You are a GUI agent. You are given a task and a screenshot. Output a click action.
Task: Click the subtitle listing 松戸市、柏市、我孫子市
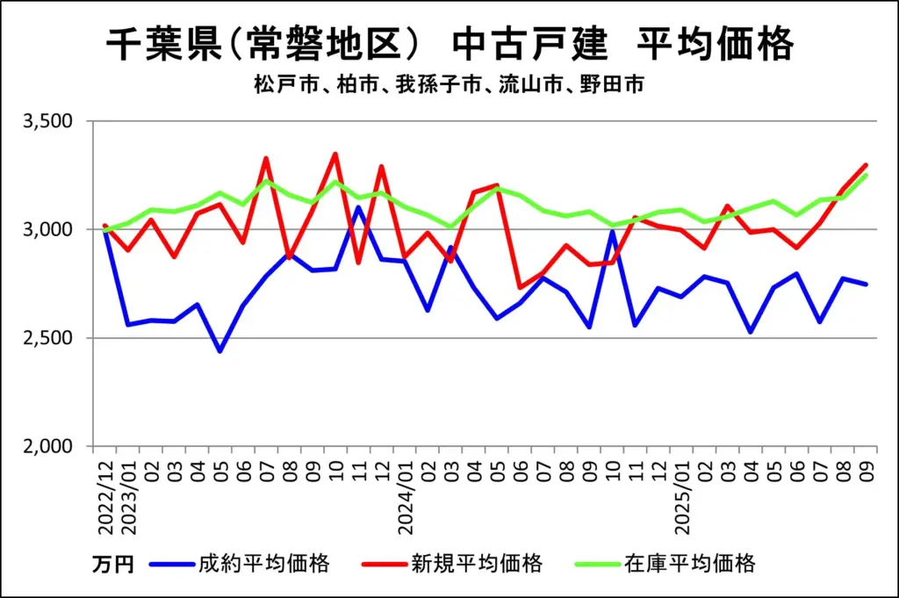pyautogui.click(x=450, y=85)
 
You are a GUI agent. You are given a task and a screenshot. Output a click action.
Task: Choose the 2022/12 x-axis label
pyautogui.click(x=105, y=496)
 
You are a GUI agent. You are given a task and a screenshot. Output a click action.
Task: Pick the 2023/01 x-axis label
pyautogui.click(x=128, y=496)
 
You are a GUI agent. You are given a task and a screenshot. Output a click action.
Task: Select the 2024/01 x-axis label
pyautogui.click(x=405, y=496)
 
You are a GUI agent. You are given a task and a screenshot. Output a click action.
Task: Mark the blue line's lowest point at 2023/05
pyautogui.click(x=220, y=351)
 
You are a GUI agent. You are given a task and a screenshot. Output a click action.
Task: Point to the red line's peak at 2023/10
pyautogui.click(x=335, y=154)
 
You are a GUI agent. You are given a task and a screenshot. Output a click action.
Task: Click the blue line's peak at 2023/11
pyautogui.click(x=358, y=207)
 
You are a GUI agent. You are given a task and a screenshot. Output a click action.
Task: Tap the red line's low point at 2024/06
pyautogui.click(x=520, y=287)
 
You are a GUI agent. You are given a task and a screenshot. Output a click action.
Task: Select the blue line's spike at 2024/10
pyautogui.click(x=612, y=231)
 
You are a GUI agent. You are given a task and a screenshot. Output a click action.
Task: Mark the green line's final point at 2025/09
pyautogui.click(x=867, y=175)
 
